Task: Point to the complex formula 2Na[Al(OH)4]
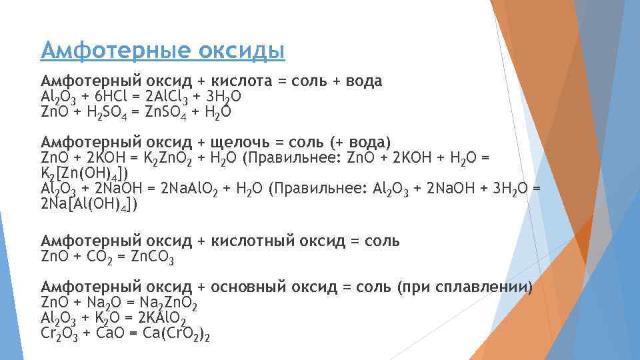(89, 204)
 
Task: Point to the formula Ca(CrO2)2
(177, 333)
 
